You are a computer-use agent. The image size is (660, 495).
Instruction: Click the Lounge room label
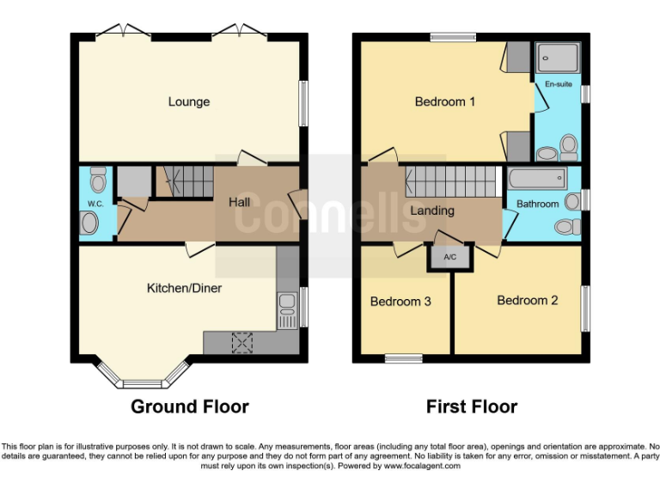pos(188,102)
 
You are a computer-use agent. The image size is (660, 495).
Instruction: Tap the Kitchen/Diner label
pos(183,288)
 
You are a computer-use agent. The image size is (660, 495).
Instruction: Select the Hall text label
pos(239,203)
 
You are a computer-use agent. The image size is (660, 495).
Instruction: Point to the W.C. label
pos(95,204)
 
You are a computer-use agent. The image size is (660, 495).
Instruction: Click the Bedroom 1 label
pos(444,102)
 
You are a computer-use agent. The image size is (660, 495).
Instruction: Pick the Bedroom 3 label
pos(400,302)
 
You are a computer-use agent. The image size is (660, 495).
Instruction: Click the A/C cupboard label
pos(449,257)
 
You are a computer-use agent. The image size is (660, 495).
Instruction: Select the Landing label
pos(432,211)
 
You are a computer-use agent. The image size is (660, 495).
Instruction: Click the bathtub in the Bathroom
pos(537,180)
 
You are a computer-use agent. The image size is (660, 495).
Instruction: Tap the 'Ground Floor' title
pos(189,406)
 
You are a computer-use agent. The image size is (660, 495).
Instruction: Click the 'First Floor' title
pos(472,406)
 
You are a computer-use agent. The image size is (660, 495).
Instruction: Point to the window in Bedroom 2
pos(585,308)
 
